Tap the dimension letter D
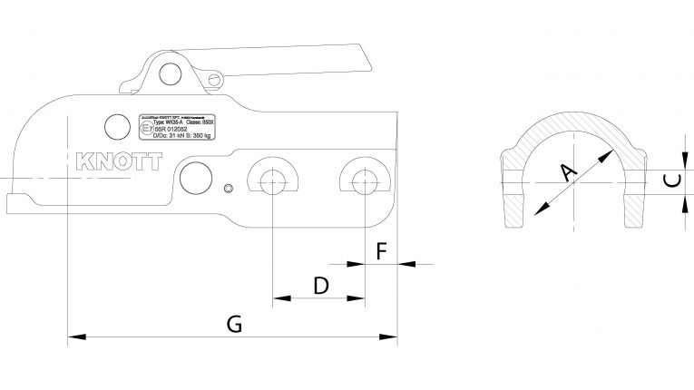320,287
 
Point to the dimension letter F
381,249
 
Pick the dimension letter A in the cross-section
569,171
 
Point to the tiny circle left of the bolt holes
230,188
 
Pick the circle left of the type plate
115,124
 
